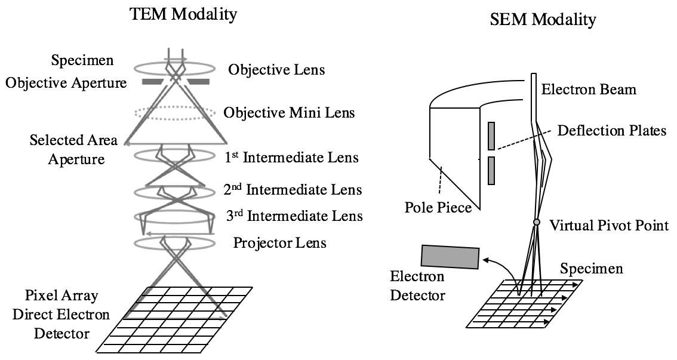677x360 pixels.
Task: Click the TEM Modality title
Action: coord(184,14)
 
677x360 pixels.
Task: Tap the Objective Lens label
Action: coord(276,70)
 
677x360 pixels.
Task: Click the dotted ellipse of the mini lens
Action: coord(175,113)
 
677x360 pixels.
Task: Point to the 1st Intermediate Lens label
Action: coord(291,158)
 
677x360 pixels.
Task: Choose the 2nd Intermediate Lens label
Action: coord(292,190)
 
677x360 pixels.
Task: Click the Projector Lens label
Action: coord(279,243)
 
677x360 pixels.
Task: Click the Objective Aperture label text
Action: coord(66,83)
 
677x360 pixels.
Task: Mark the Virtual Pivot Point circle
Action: coord(537,222)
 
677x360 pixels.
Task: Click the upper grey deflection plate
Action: coord(491,136)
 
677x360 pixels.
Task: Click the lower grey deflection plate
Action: coord(491,170)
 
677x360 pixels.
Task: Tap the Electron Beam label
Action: coord(589,90)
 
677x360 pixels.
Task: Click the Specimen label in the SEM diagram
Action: coord(591,269)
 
